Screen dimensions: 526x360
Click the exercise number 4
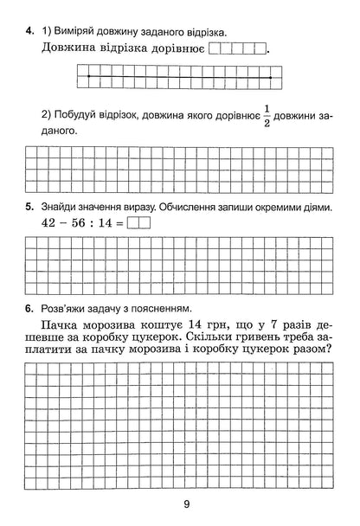tap(29, 32)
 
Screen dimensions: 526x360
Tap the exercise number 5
tap(29, 207)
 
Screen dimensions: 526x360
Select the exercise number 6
tap(29, 309)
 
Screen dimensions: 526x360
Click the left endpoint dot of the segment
tap(88, 77)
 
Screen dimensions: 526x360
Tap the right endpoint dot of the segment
tap(270, 77)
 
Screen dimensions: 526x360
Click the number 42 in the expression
tap(50, 222)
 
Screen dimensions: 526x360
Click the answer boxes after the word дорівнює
tap(238, 49)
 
